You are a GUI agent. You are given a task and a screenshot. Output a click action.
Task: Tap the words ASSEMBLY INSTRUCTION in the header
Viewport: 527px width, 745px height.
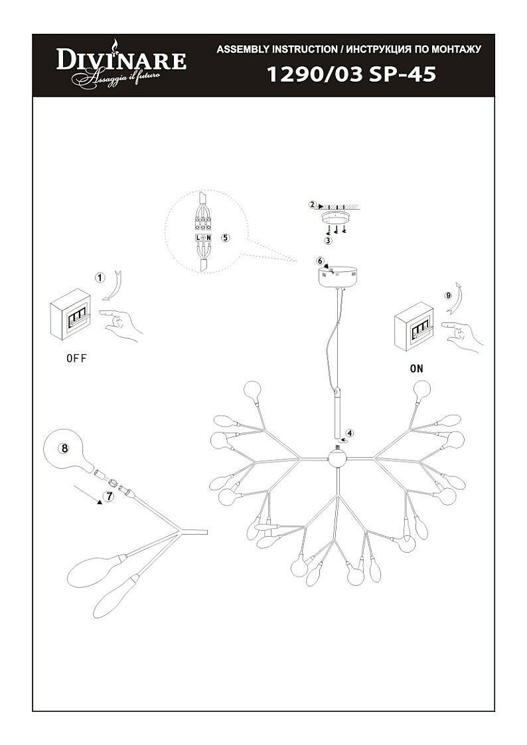[277, 50]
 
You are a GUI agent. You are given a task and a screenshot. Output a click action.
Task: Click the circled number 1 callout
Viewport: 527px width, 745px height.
[100, 277]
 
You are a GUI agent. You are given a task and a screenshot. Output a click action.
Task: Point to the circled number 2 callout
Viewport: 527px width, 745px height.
[312, 205]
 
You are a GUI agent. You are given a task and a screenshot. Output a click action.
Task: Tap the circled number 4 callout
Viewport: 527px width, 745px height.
[350, 433]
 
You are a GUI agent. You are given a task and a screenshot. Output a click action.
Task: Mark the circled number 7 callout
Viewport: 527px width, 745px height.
[110, 494]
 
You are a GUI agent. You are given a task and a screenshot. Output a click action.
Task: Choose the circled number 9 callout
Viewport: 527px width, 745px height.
[448, 295]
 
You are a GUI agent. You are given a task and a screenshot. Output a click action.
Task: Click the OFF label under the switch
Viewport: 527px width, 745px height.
[76, 358]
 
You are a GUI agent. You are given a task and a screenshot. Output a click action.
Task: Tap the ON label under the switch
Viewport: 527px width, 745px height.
[416, 369]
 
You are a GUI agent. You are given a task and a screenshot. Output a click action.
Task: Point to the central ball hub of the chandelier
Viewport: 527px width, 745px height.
[337, 457]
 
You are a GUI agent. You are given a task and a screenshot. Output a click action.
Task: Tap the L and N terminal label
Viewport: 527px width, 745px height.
[204, 237]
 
